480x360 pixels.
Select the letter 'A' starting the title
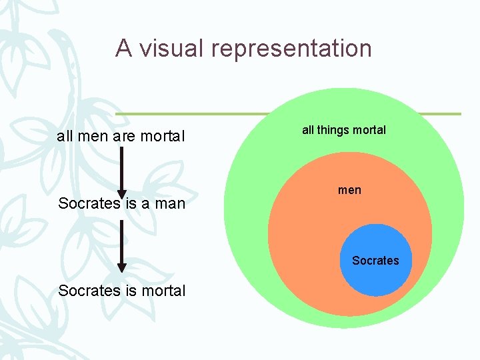pos(123,48)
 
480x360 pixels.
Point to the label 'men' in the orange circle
pos(349,190)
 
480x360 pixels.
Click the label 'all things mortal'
pos(344,130)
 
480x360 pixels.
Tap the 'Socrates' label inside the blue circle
pos(375,261)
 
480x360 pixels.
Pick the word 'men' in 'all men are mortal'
pos(92,137)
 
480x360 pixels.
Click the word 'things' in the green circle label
pos(334,130)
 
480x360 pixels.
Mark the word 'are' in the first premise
pos(123,137)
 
